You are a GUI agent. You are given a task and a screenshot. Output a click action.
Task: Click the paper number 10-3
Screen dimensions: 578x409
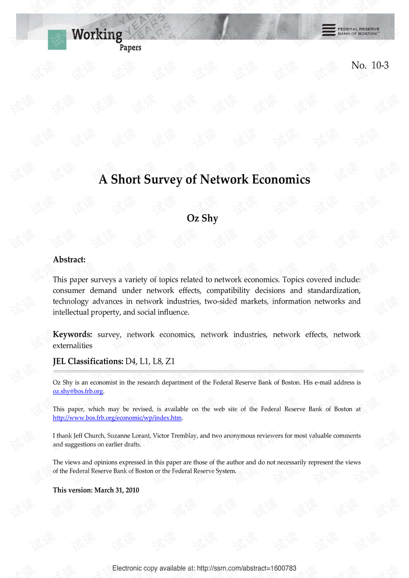click(380, 65)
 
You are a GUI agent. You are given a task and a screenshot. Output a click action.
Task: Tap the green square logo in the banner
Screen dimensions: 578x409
click(57, 40)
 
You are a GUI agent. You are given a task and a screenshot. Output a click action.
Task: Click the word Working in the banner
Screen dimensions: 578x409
click(97, 34)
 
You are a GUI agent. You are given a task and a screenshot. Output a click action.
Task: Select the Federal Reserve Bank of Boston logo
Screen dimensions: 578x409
click(350, 30)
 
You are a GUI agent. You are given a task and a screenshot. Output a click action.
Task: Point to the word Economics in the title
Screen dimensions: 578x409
click(281, 179)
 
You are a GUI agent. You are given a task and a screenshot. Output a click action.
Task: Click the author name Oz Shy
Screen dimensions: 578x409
click(202, 218)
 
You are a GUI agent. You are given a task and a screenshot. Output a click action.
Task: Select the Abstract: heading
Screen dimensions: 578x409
click(69, 259)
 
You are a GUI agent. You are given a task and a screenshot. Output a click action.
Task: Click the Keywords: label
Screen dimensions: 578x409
click(72, 334)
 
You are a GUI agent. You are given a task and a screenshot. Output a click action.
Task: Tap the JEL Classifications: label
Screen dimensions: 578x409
click(88, 361)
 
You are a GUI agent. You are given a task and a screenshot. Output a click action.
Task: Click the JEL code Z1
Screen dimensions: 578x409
click(170, 361)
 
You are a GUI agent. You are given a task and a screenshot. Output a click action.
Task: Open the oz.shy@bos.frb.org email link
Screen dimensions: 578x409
click(78, 391)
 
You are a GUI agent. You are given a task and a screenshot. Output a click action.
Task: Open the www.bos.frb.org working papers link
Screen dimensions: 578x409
click(117, 418)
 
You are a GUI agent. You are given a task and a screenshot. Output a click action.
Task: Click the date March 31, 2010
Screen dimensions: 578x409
click(117, 490)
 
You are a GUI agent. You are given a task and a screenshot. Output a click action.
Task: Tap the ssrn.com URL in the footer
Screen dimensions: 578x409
click(247, 568)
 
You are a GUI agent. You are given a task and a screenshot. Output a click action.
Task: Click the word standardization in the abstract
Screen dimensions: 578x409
click(334, 290)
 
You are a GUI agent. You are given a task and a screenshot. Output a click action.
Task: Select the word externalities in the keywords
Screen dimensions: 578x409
click(72, 345)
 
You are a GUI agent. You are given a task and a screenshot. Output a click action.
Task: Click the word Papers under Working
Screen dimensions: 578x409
click(130, 48)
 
